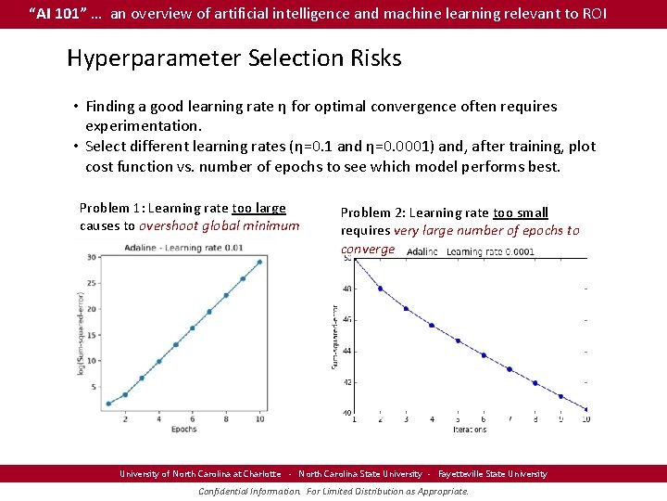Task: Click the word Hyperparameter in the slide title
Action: point(154,58)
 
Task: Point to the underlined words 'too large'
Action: point(258,208)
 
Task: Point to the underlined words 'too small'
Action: point(521,212)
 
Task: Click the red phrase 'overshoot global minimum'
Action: point(220,225)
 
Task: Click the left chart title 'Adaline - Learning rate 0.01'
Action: point(183,247)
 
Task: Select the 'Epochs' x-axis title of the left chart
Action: point(183,429)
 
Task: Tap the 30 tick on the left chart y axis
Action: point(91,257)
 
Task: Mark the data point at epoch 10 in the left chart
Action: point(259,262)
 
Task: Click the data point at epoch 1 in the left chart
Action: point(108,404)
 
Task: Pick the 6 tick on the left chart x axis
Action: point(192,418)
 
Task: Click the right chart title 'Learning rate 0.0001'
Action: point(490,251)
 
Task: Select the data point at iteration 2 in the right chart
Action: point(380,289)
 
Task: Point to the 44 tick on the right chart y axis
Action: point(346,351)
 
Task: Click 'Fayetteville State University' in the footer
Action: point(493,473)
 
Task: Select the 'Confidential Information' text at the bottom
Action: point(249,491)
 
